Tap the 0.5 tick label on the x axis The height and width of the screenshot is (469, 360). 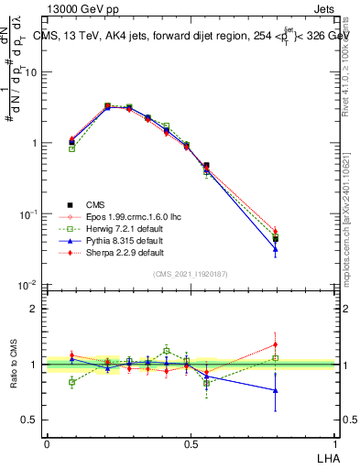point(191,442)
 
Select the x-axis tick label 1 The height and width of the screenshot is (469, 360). point(335,442)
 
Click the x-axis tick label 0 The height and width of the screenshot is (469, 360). point(47,442)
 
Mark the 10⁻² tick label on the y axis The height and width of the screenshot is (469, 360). point(29,287)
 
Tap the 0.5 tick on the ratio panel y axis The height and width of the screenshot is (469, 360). point(31,420)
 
